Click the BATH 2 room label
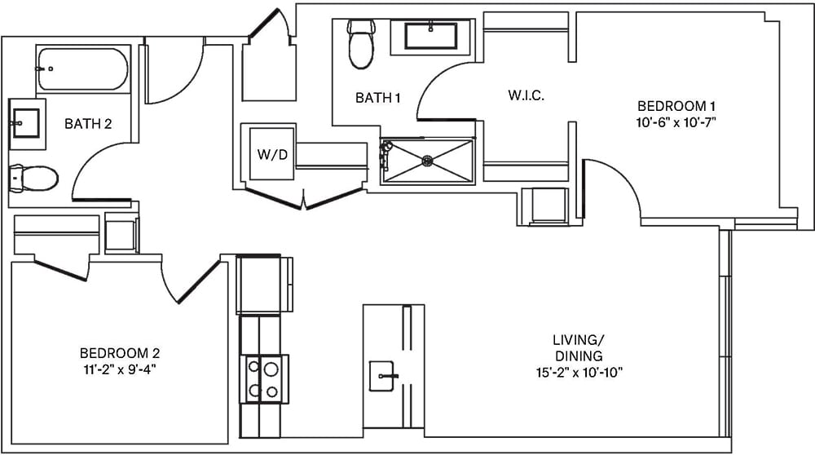[x=87, y=124]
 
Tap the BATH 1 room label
[x=378, y=98]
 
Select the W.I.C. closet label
[x=526, y=95]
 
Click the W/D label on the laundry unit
[x=272, y=153]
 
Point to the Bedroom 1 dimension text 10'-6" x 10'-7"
[x=676, y=122]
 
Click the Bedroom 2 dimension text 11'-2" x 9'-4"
[x=119, y=369]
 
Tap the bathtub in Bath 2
[x=82, y=70]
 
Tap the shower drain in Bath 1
[x=425, y=161]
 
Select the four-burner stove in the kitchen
[x=263, y=379]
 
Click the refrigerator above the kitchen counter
[x=263, y=284]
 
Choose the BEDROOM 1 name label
[x=676, y=106]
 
